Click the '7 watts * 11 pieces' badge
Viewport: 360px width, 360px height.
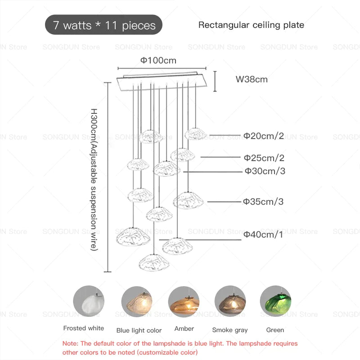103,25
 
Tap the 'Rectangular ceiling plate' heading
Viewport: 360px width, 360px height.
251,25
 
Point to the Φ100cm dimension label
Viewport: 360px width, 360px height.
158,61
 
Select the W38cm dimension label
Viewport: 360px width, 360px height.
252,80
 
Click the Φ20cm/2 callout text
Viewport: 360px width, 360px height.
264,136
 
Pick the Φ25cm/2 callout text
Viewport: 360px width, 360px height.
264,158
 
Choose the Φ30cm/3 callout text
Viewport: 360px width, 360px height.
265,171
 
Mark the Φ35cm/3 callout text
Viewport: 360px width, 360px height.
263,202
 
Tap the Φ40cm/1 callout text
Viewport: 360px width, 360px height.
263,234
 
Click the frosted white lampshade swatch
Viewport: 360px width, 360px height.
89,301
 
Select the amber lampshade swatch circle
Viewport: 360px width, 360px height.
184,301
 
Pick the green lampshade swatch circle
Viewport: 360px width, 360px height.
275,301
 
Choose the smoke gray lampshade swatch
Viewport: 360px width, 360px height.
230,301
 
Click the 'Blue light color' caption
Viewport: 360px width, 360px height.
139,330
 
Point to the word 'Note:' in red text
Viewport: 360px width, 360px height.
71,343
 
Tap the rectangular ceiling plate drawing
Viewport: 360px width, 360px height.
162,81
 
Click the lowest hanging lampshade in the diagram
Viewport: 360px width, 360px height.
154,262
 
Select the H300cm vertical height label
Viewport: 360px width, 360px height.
94,180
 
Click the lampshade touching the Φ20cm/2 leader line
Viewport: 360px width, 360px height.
195,134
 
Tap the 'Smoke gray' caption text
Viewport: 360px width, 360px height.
230,330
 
